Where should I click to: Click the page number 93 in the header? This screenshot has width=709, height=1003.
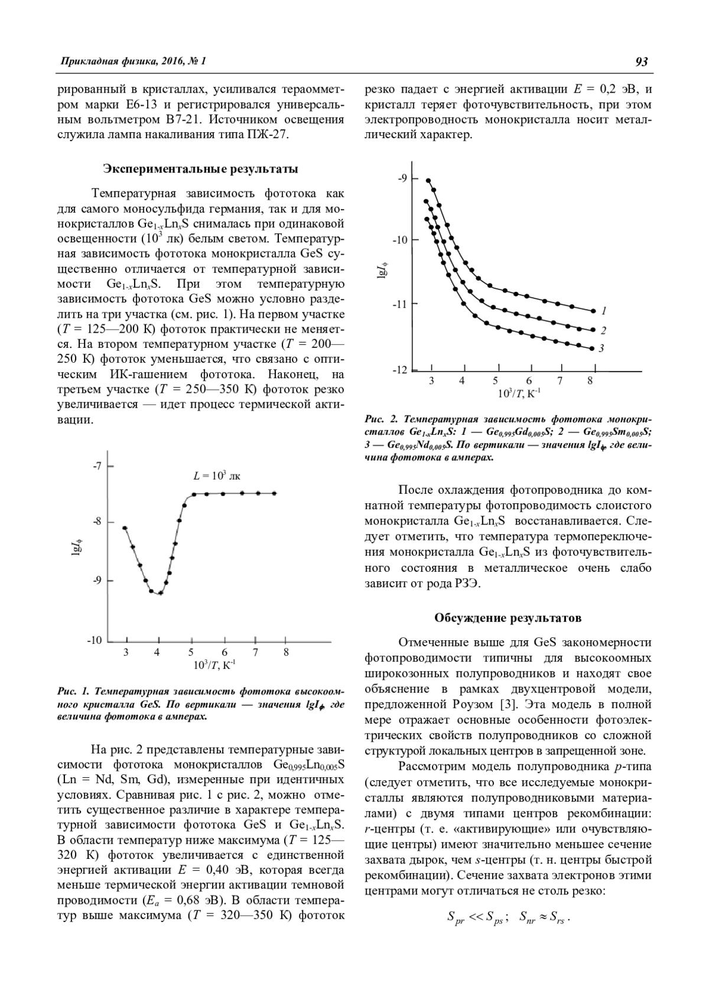pyautogui.click(x=642, y=61)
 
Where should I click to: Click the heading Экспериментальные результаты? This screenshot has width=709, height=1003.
pyautogui.click(x=201, y=169)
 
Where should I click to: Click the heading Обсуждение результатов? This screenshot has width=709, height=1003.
pyautogui.click(x=508, y=618)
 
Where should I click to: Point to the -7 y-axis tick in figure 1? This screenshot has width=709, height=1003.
pyautogui.click(x=97, y=466)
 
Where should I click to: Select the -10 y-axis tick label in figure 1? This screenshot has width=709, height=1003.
pyautogui.click(x=95, y=640)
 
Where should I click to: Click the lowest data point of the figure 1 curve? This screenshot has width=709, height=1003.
pyautogui.click(x=160, y=593)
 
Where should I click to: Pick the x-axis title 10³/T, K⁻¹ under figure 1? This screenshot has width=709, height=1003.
pyautogui.click(x=214, y=665)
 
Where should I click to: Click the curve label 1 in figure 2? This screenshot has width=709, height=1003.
pyautogui.click(x=604, y=311)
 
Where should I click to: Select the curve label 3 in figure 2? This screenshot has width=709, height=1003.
pyautogui.click(x=601, y=349)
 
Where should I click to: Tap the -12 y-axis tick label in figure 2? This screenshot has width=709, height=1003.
pyautogui.click(x=400, y=370)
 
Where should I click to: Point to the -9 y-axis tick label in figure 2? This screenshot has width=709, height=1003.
pyautogui.click(x=402, y=178)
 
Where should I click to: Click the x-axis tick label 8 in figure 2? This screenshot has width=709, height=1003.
pyautogui.click(x=590, y=381)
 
